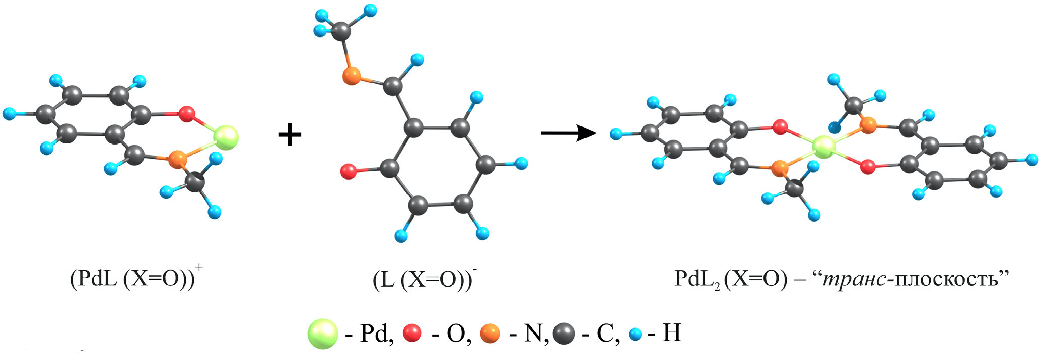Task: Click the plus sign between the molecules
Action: (x=290, y=135)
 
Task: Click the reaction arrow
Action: (x=569, y=133)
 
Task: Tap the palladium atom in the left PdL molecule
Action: (x=225, y=137)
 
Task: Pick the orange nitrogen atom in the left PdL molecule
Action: (x=177, y=159)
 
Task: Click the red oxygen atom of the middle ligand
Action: (x=349, y=171)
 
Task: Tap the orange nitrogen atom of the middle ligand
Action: (x=352, y=77)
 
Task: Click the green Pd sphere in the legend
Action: (x=323, y=333)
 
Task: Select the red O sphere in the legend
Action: (x=412, y=333)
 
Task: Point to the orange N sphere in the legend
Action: (x=490, y=333)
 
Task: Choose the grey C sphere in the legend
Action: (x=564, y=333)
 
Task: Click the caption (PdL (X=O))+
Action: (x=136, y=277)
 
